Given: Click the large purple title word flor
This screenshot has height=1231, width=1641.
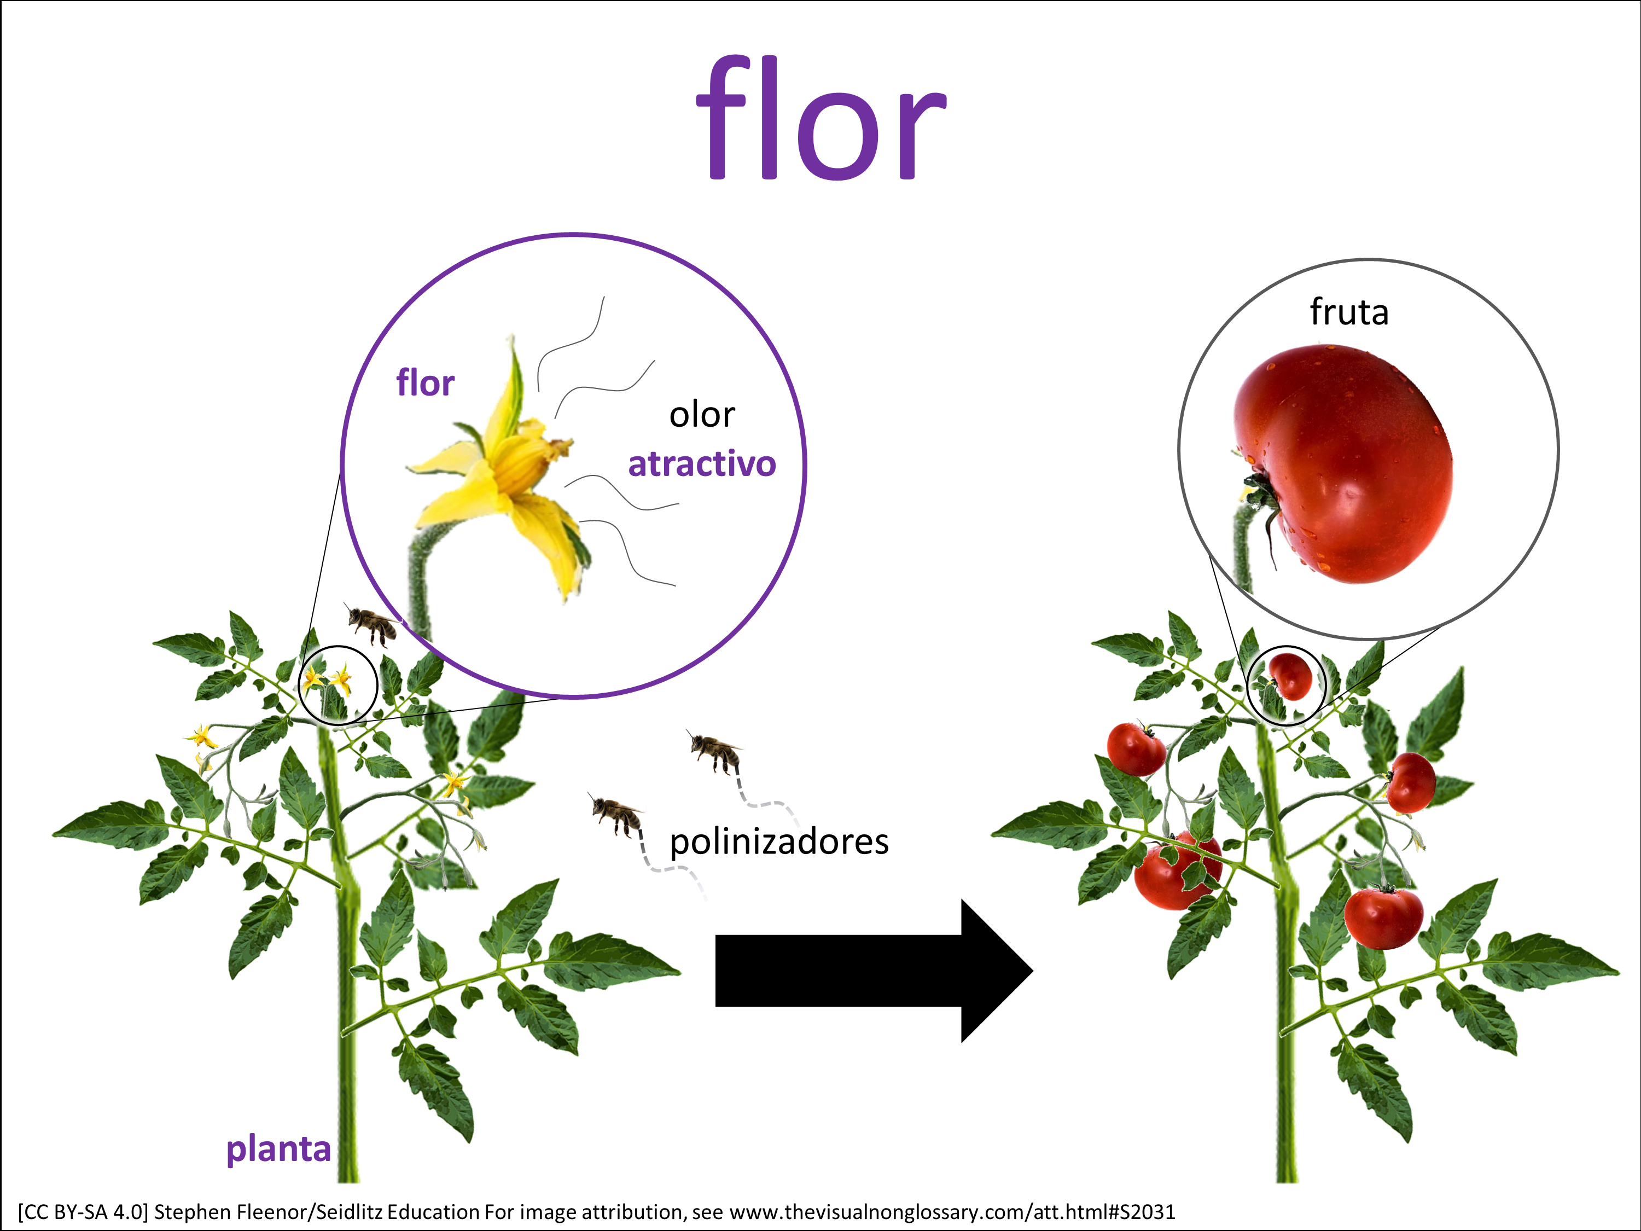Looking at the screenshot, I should (x=821, y=119).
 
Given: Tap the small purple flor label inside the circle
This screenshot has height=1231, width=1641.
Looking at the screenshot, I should (x=425, y=383).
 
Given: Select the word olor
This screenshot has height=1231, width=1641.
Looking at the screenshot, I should (x=702, y=415).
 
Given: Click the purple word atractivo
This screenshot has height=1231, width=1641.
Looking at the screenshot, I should (x=702, y=464).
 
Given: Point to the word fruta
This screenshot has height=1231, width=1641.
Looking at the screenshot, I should (x=1349, y=312).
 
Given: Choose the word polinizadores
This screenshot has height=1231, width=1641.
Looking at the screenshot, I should (x=779, y=842).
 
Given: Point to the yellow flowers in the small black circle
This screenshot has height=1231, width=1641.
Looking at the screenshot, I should (x=328, y=678).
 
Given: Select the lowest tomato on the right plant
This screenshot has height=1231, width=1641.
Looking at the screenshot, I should (x=1383, y=918).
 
